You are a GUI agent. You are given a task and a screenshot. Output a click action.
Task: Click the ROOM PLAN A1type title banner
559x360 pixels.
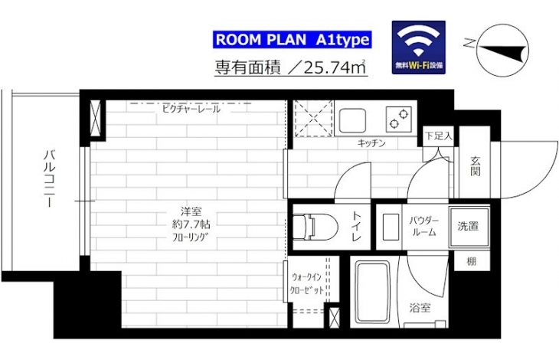293,40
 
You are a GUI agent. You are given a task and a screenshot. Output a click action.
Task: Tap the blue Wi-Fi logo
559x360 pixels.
419,47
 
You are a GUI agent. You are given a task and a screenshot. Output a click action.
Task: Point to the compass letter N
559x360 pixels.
469,44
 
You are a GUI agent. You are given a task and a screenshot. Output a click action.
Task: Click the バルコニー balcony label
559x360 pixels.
49,179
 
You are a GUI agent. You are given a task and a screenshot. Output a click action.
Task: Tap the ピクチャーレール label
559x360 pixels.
191,109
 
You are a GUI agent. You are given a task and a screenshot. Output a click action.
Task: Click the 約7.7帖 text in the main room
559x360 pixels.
191,224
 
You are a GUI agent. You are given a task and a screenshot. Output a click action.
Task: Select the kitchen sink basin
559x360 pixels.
352,120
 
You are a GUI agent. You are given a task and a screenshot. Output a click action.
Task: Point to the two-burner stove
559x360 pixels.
399,119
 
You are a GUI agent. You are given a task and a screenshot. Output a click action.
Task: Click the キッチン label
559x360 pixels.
371,143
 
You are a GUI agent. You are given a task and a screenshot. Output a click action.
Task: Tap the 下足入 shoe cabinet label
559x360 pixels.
439,136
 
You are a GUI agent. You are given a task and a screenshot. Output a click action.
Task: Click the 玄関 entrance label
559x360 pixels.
476,166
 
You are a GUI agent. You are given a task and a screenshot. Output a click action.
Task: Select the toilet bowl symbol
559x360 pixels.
315,227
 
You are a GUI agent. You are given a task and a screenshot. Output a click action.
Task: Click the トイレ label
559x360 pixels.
357,226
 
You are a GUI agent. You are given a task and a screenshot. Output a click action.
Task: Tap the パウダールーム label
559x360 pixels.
424,226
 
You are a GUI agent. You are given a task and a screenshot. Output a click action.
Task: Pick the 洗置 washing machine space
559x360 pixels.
469,227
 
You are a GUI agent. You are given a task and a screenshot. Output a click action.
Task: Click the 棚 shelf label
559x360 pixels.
471,262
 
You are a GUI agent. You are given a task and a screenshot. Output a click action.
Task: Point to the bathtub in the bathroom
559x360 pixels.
373,292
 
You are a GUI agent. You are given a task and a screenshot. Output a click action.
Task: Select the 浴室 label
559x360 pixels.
420,308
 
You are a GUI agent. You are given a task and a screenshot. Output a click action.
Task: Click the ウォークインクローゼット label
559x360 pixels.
307,283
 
